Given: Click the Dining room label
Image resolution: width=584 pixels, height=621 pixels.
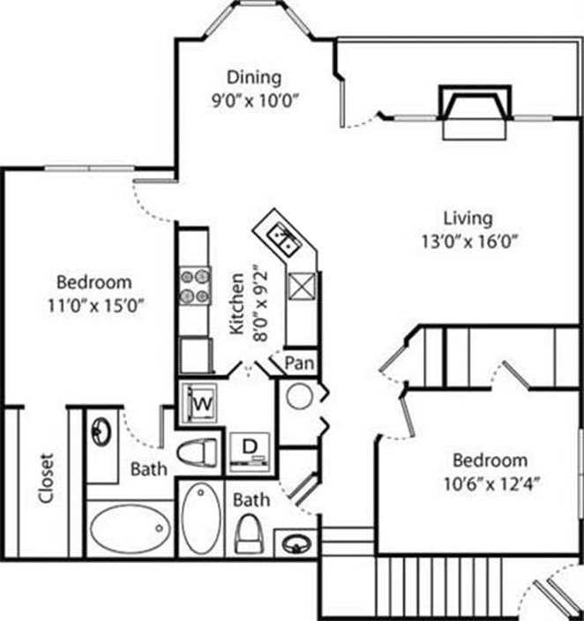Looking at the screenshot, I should [x=253, y=77].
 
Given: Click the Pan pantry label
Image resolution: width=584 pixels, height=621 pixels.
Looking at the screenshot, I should [x=301, y=362].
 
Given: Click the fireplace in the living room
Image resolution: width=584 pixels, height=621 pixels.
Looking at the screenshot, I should [x=476, y=110].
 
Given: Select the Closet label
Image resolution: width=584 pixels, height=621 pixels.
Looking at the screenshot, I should [x=46, y=479].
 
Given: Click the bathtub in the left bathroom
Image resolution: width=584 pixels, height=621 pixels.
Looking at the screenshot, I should [x=131, y=528].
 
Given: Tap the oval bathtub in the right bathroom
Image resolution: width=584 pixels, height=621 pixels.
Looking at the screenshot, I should [x=202, y=517].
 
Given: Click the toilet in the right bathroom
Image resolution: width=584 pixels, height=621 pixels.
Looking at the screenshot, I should [x=251, y=532].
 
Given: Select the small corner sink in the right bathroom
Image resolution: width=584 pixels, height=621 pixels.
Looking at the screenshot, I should [x=295, y=543].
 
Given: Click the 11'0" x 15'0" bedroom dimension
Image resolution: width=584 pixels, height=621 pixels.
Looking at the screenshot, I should [x=94, y=305].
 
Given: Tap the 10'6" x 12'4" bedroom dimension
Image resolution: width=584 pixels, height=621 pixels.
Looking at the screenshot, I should [x=490, y=483].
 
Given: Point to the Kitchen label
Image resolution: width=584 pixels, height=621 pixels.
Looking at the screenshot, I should [x=237, y=303].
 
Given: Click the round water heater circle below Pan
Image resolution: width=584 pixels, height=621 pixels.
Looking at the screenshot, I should [x=299, y=396].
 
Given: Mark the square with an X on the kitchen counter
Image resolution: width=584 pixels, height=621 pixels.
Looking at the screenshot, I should [x=302, y=288].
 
